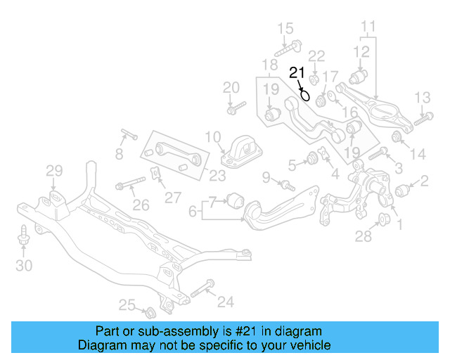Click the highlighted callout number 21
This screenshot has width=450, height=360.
297,72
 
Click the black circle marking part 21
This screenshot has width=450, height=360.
304,95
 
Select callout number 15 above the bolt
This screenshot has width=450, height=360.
285,29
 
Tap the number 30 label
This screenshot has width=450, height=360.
24,265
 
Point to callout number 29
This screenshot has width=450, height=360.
54,170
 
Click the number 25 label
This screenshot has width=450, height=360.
127,304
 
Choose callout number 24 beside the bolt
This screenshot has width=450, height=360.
225,302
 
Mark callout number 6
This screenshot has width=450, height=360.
193,210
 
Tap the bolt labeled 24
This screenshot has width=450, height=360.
199,289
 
